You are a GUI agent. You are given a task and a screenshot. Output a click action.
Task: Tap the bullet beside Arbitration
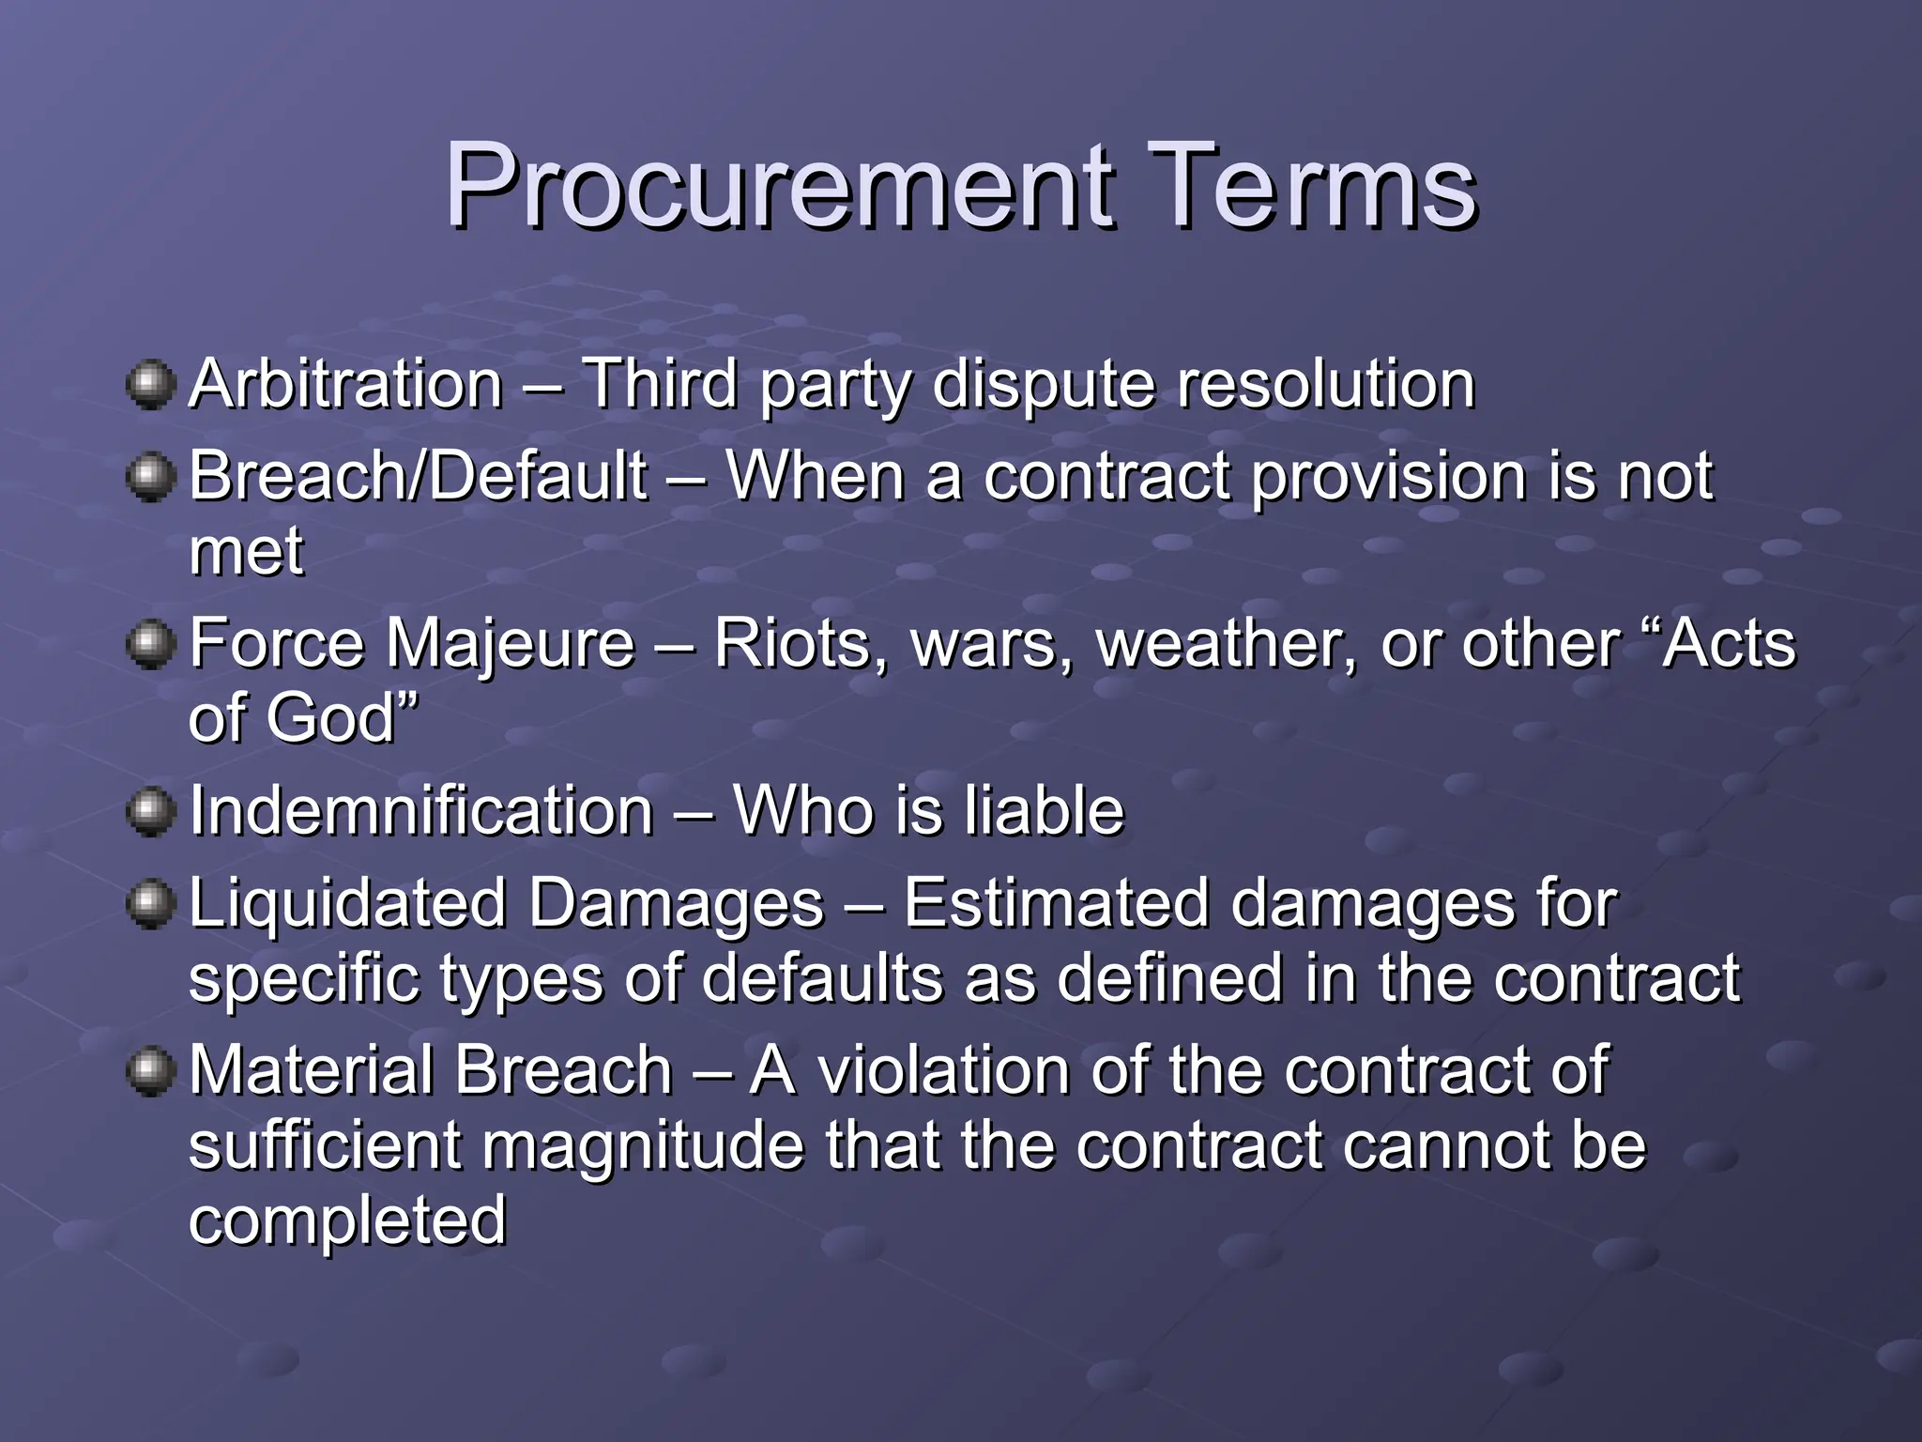click(150, 385)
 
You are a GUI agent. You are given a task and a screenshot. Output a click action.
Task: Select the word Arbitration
click(346, 384)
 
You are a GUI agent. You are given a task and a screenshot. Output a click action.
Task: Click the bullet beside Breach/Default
click(150, 477)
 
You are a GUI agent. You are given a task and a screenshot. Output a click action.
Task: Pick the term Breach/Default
click(419, 476)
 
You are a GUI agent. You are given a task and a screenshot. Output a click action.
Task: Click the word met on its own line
click(246, 551)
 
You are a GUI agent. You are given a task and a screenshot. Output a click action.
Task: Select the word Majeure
click(511, 644)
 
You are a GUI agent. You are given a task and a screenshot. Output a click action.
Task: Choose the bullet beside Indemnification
click(150, 811)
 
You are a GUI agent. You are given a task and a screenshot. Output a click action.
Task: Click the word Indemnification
click(421, 811)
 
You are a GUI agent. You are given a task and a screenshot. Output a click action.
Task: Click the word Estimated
click(1056, 903)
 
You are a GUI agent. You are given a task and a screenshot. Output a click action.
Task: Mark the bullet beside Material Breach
click(150, 1071)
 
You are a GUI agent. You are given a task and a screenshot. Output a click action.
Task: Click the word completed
click(347, 1221)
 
